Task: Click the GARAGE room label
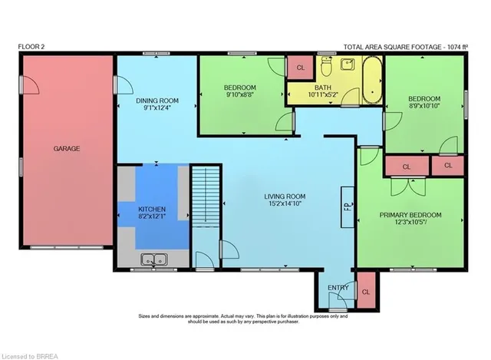pos(67,148)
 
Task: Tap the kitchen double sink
pos(153,259)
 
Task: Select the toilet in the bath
pos(326,67)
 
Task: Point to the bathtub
pos(372,80)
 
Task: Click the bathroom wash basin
pos(348,64)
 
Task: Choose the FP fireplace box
pos(348,206)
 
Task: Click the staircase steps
pos(206,197)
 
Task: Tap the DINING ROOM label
pos(157,101)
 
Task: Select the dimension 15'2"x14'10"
pos(285,203)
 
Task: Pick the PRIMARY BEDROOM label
pos(410,215)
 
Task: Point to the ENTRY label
pos(338,288)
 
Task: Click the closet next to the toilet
pos(300,68)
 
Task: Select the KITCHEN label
pos(152,209)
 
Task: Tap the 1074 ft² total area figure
pos(457,47)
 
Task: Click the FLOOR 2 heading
pos(31,47)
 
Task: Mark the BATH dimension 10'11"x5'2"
pos(323,94)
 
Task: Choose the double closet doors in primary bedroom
pos(408,187)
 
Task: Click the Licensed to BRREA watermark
pos(30,357)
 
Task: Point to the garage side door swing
pos(30,85)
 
